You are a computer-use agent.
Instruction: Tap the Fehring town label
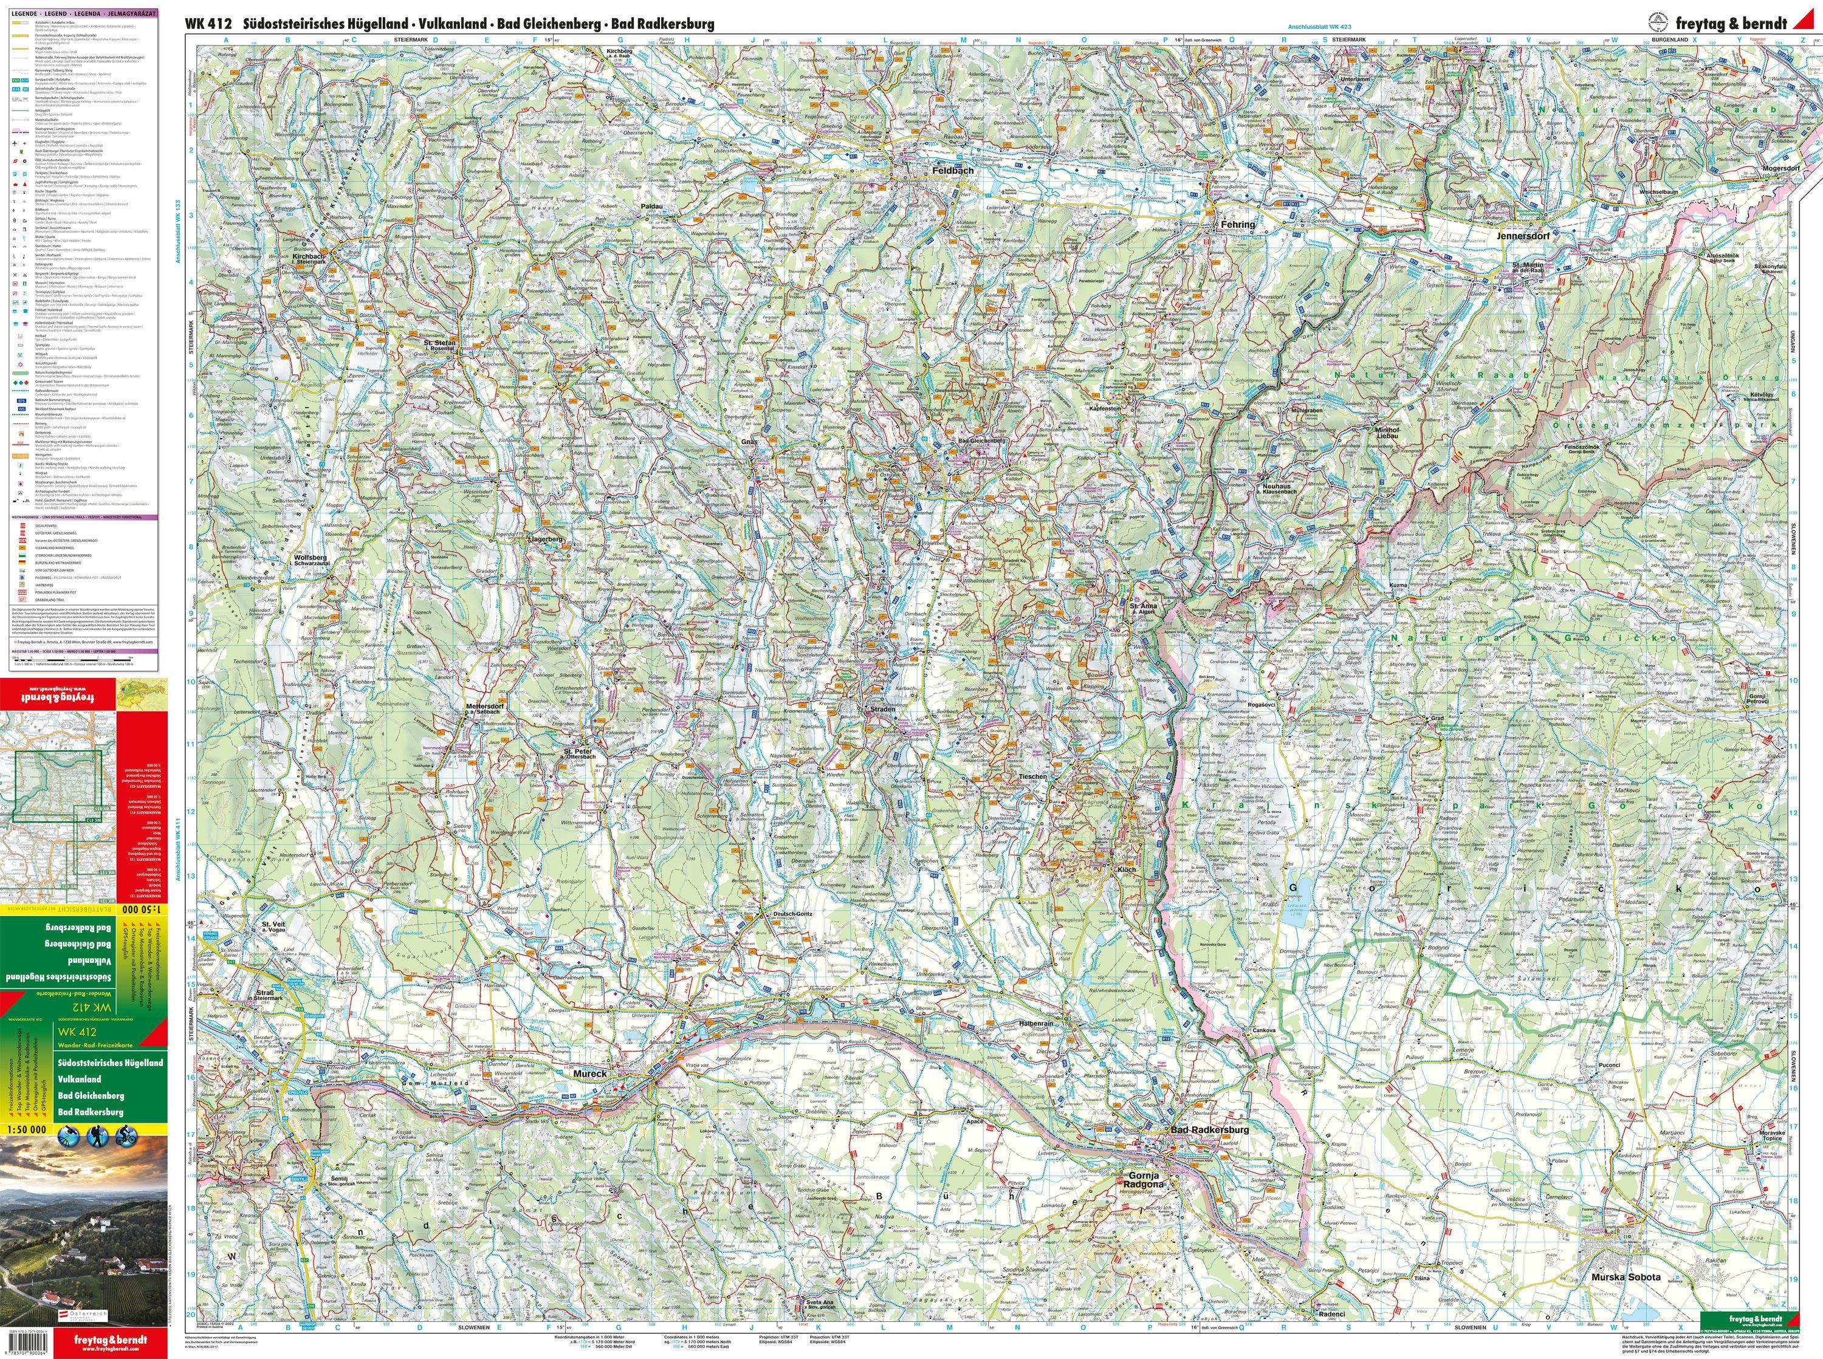[x=1237, y=225]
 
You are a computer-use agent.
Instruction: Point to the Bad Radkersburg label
[x=1209, y=1131]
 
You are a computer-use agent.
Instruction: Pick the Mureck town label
[x=590, y=1073]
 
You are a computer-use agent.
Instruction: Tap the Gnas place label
[x=748, y=442]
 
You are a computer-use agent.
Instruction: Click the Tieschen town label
[x=1032, y=776]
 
